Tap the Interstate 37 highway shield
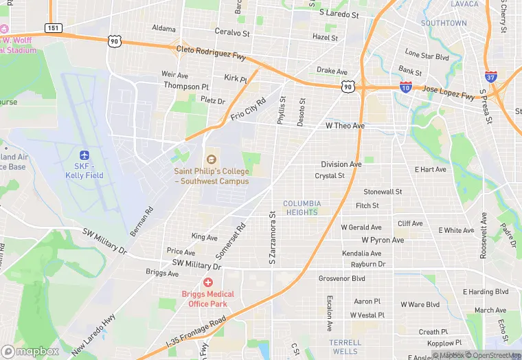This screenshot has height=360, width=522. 490,77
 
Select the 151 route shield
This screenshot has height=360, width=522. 53,27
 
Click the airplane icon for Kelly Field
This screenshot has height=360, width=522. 84,155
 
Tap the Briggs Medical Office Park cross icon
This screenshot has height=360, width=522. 207,282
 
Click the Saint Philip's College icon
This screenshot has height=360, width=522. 211,158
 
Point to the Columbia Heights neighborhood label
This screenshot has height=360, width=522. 301,208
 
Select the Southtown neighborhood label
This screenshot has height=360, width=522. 443,23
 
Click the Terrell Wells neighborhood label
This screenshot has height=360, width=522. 345,347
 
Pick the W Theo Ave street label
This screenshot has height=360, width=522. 345,126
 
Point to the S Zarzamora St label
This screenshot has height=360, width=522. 272,238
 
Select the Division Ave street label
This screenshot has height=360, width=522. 341,164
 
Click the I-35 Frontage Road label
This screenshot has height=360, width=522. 195,332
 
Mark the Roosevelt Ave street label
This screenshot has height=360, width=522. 484,234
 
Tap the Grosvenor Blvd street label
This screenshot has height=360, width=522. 342,278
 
